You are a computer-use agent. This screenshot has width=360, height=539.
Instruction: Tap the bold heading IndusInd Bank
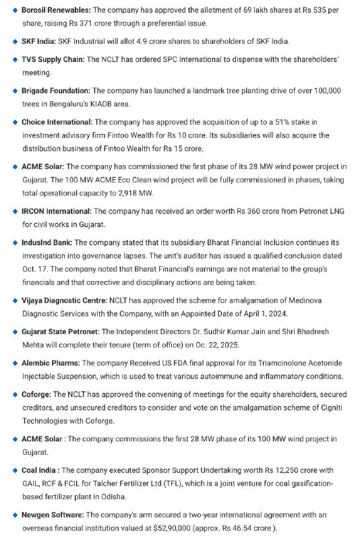(47, 243)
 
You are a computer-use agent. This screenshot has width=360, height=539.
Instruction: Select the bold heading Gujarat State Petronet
(61, 332)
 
